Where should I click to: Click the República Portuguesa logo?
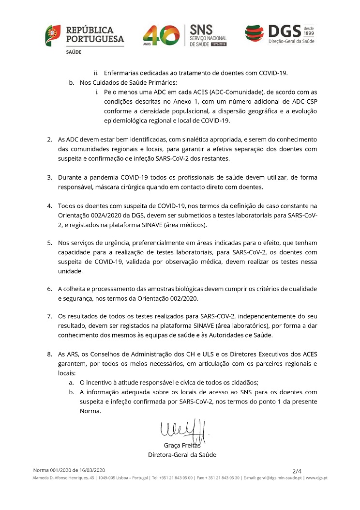pos(84,38)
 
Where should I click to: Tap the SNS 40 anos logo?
pos(184,36)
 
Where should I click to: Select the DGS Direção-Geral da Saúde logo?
pos(279,35)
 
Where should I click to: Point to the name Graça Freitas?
pos(182,445)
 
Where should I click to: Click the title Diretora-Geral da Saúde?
pos(182,455)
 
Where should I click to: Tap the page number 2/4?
pos(297,471)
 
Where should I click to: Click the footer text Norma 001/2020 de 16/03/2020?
pos(69,470)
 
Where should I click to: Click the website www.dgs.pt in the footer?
pos(317,478)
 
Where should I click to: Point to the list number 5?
pos(49,242)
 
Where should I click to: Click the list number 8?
pos(49,354)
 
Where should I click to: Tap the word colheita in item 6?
pos(76,289)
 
